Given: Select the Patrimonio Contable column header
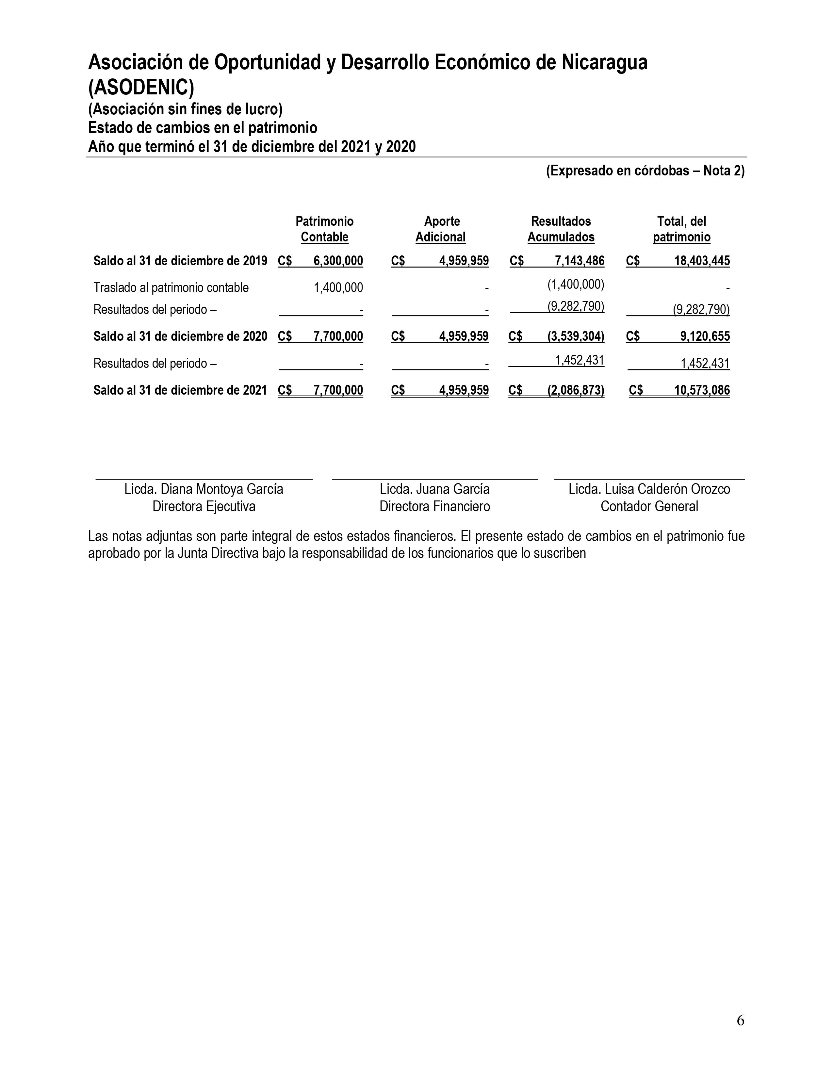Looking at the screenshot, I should click(x=324, y=229).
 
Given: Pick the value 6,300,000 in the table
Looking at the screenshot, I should click(x=338, y=261).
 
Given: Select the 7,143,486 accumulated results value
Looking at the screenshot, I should click(x=580, y=261).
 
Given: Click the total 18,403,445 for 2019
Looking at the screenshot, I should click(x=702, y=261).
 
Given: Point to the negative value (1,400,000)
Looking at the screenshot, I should click(x=575, y=284).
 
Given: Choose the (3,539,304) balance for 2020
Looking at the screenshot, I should click(x=575, y=336).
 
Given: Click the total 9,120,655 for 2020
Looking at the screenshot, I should click(x=705, y=336).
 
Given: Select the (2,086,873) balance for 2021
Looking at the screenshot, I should click(x=575, y=390).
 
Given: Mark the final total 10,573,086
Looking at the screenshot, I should click(x=702, y=390).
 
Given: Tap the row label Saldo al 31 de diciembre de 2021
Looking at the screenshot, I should click(x=180, y=390).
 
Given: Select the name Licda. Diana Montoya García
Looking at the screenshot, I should click(x=204, y=489).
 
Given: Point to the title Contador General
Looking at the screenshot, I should click(x=649, y=506).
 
